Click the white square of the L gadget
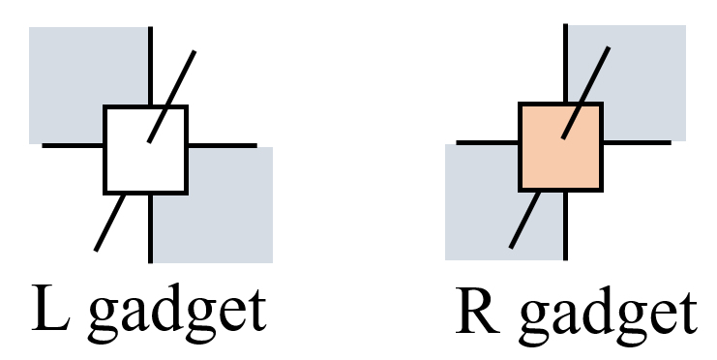click(145, 150)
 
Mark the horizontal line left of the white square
click(74, 145)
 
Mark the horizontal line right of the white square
click(222, 146)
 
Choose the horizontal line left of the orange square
click(488, 142)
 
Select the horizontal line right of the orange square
click(635, 142)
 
